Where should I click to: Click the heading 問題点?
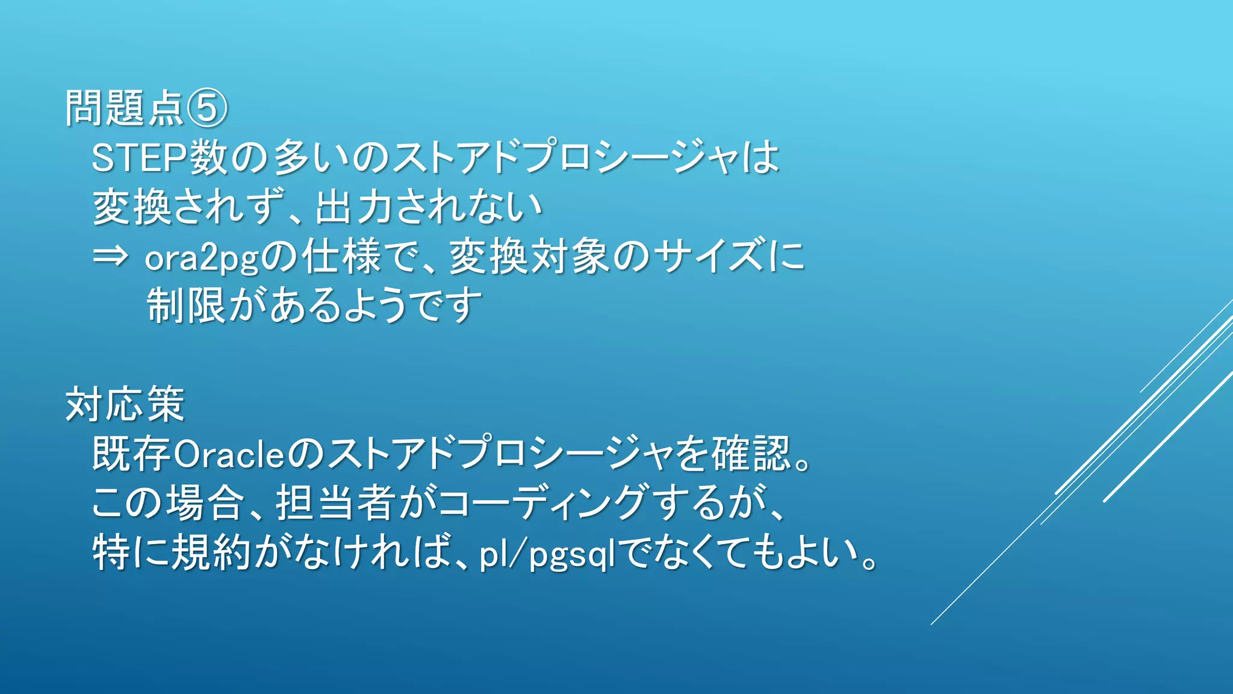pos(124,108)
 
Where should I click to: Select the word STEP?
pos(140,158)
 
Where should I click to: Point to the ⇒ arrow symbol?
pos(110,257)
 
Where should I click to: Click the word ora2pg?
pos(202,258)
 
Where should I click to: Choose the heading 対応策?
pos(125,405)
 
